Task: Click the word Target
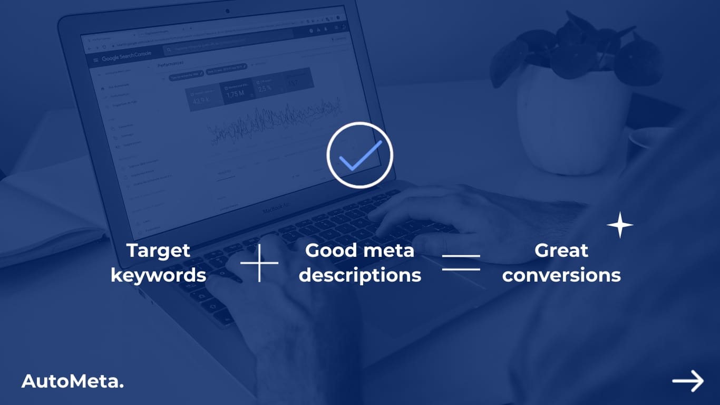click(x=158, y=250)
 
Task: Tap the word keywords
click(x=158, y=275)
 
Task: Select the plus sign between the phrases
click(x=259, y=262)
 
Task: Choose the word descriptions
click(x=360, y=275)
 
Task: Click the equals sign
click(x=461, y=262)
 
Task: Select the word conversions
click(x=561, y=275)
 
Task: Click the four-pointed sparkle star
click(x=620, y=225)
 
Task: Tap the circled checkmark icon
click(x=360, y=155)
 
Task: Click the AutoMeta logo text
click(x=73, y=382)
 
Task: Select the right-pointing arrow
click(x=688, y=381)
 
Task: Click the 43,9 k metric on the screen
click(x=201, y=100)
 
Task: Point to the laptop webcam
click(x=228, y=11)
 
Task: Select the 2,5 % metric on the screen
click(x=265, y=88)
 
